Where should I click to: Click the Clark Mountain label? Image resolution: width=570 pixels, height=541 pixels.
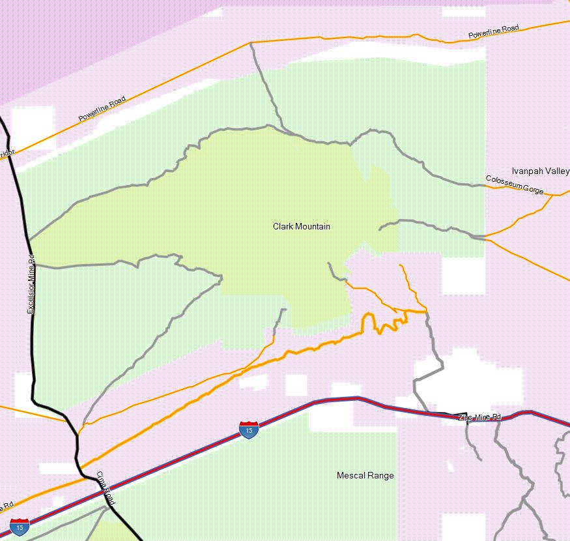[301, 227]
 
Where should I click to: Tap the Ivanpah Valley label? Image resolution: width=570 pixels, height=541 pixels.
[540, 171]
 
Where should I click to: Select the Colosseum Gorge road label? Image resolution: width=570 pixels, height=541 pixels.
[514, 184]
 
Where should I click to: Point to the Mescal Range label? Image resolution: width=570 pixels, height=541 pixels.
[365, 476]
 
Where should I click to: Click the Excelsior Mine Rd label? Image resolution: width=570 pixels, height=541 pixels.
[31, 289]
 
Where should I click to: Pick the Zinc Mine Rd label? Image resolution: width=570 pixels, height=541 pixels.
[479, 417]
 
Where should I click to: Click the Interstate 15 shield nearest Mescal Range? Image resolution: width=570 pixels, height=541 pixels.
[248, 430]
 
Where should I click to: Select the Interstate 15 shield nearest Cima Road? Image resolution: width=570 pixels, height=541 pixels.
[20, 526]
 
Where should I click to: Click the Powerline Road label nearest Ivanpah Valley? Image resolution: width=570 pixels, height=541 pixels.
[493, 31]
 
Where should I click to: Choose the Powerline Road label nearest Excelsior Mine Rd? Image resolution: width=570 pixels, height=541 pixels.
[102, 110]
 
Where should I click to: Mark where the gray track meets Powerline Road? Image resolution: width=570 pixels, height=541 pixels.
[251, 43]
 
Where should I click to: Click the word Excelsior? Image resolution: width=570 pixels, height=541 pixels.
[31, 297]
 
